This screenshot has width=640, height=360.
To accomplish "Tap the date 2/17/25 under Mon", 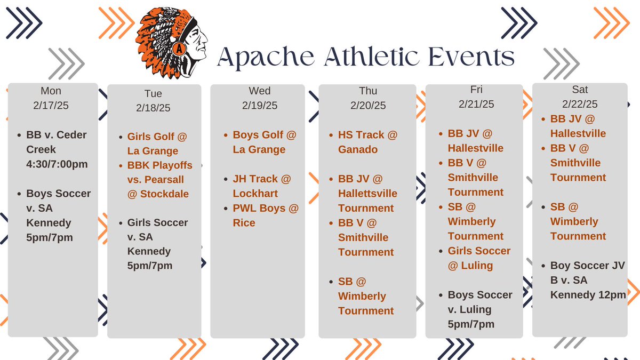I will click(51, 106).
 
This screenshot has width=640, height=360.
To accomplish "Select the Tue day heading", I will click(153, 94).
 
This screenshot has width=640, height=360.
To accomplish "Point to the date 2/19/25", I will click(260, 106).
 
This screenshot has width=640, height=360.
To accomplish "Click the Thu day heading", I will click(368, 91).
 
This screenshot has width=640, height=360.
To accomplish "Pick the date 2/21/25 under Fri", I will click(476, 104).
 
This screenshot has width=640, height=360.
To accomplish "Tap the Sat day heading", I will click(580, 90).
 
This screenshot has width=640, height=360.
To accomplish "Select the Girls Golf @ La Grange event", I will click(157, 144).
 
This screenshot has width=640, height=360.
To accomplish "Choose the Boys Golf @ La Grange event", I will click(264, 142).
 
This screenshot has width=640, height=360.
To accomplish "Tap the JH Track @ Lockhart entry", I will click(262, 186).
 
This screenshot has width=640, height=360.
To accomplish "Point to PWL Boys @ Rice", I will click(265, 215).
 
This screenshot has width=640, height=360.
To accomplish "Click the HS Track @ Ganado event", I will click(367, 142).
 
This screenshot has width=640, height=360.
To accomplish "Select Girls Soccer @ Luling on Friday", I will click(478, 258).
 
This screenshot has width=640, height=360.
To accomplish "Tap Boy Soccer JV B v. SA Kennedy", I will click(587, 280).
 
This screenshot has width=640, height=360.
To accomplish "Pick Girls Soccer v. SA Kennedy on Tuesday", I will click(157, 244).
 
